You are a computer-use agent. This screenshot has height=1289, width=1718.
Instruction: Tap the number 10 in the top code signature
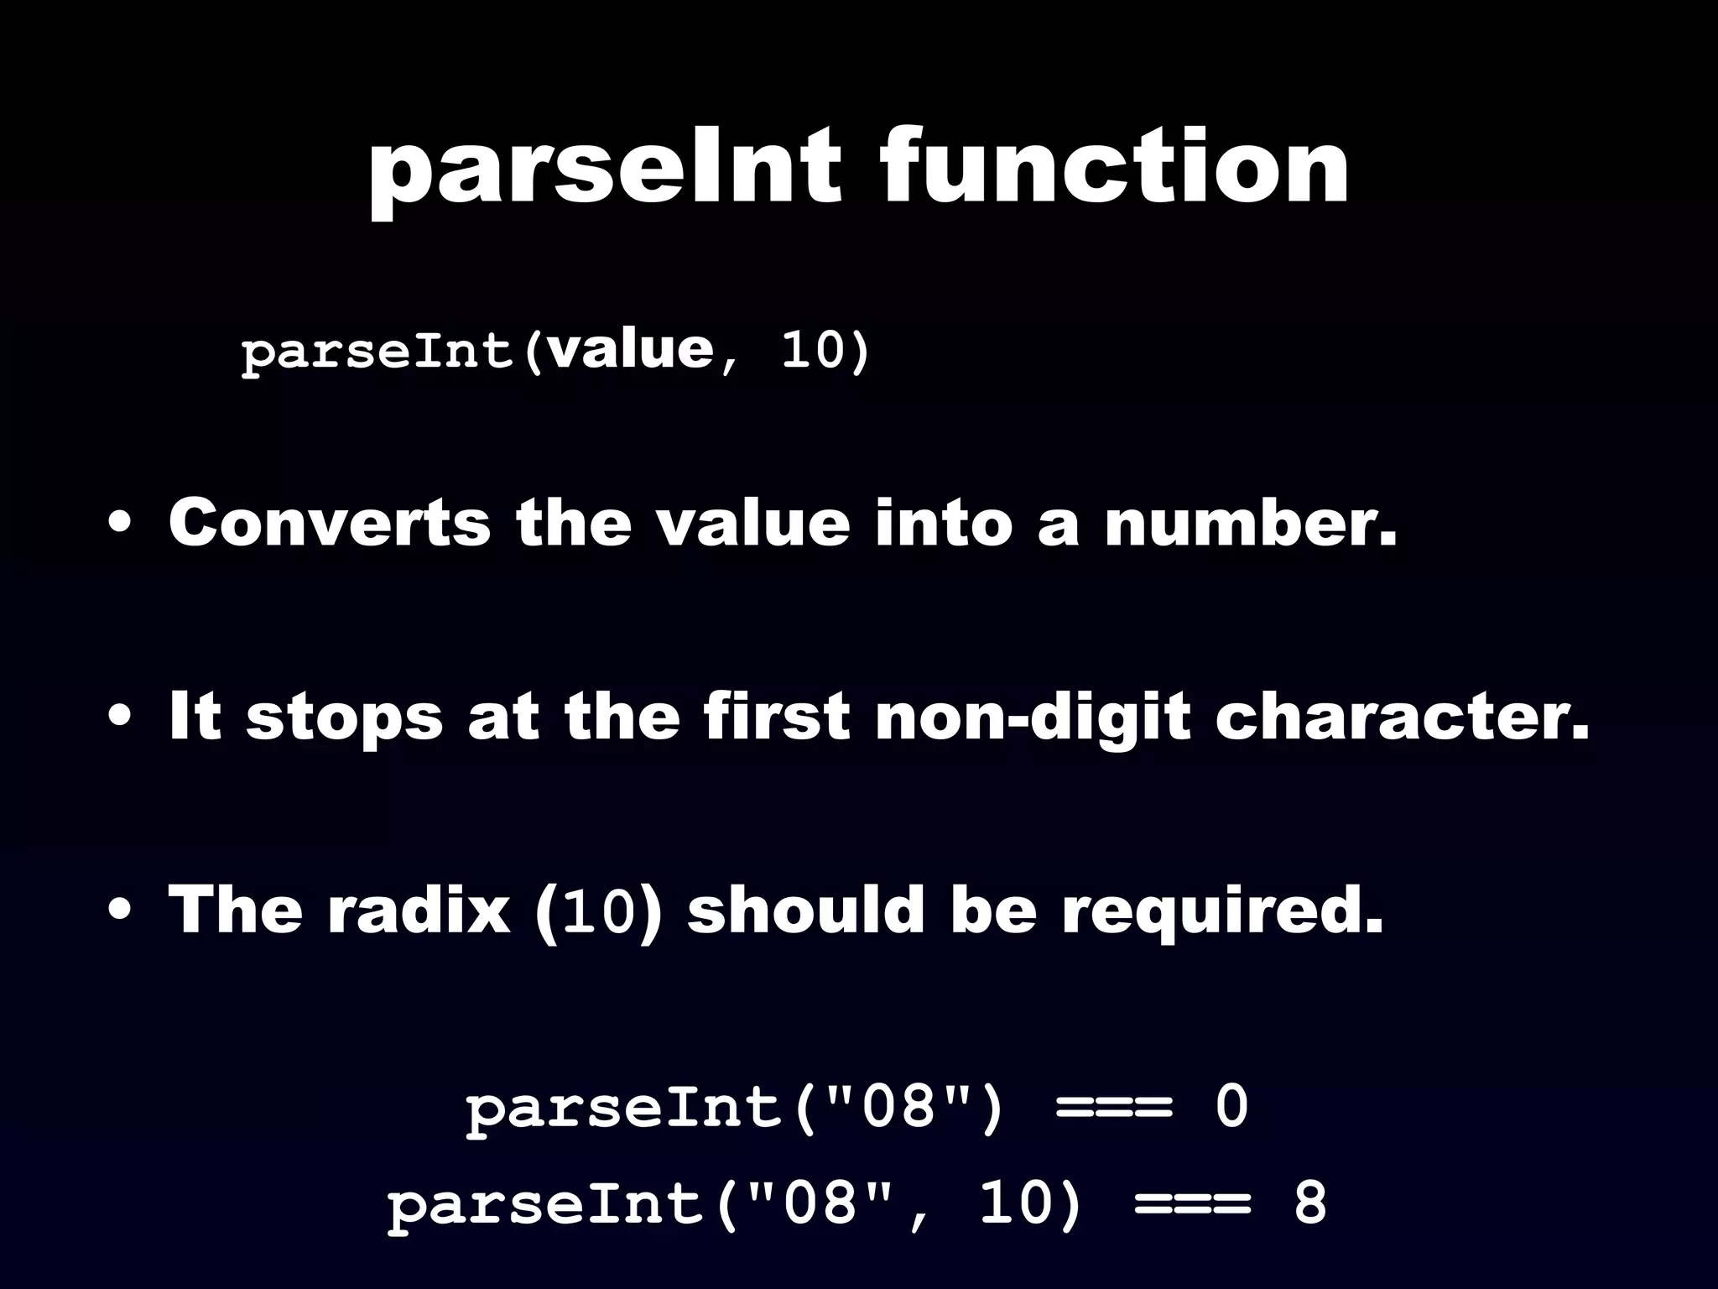click(x=811, y=350)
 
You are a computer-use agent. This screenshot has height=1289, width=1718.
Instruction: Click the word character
click(x=1401, y=718)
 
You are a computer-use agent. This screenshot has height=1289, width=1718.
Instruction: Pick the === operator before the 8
click(x=1191, y=1204)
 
